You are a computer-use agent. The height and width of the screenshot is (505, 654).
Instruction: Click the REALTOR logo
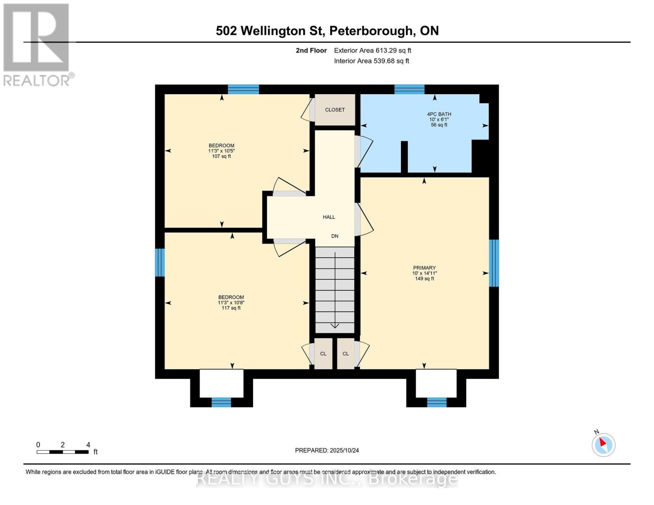coord(37,45)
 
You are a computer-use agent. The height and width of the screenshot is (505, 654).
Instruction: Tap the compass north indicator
coord(603,444)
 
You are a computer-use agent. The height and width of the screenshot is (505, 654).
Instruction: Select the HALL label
coord(329,217)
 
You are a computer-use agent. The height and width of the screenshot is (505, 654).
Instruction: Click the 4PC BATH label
coord(439,114)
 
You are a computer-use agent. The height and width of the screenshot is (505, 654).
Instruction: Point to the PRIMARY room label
coord(424,268)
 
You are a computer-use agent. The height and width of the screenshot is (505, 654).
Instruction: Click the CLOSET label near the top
coord(335,110)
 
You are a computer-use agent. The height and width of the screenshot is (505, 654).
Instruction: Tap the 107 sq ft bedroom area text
coord(222,157)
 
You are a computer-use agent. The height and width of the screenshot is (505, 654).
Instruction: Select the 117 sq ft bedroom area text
coord(231,308)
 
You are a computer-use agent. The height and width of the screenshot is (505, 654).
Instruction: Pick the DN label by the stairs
coord(335,236)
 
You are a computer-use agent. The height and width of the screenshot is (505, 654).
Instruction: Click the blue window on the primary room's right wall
coord(494,263)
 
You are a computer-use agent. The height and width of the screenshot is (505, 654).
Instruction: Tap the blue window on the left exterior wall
coord(160,262)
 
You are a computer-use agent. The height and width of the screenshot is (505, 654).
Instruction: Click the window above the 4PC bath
coord(409,89)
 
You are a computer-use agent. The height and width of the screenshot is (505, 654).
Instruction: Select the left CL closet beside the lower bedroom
coord(323,354)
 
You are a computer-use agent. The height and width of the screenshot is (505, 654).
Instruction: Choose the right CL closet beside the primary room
coord(345,354)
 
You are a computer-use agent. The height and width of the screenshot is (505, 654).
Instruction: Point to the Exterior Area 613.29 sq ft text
coord(372,50)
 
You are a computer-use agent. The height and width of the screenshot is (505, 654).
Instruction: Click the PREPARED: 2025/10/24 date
coord(327,450)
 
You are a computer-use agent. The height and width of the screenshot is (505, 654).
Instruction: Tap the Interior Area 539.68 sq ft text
coord(371,61)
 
